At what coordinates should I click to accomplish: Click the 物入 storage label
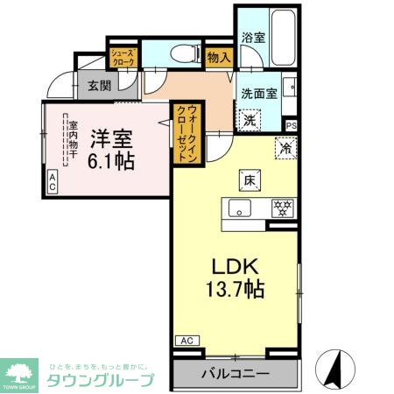(219, 58)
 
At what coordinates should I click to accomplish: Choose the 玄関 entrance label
(97, 86)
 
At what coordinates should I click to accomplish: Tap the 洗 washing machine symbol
(250, 118)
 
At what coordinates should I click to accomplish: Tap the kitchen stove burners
(282, 208)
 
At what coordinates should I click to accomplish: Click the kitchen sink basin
(240, 208)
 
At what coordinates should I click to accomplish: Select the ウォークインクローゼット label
(186, 132)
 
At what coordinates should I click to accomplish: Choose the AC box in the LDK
(186, 340)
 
